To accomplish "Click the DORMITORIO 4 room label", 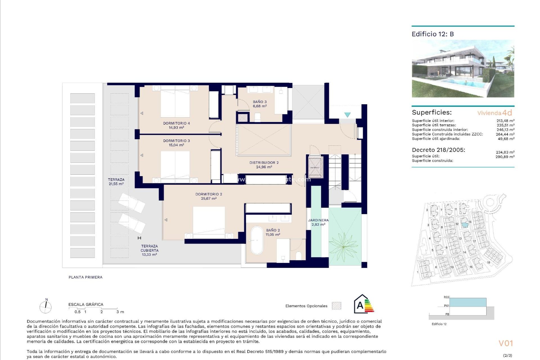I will [176, 125].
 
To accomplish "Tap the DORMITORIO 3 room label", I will [176, 143].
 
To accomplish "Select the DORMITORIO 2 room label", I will [209, 196].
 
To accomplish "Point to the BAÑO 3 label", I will [260, 104].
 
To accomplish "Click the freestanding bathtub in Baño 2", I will [257, 240].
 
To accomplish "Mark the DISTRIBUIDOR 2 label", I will [264, 165].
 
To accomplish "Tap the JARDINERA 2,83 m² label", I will [318, 222].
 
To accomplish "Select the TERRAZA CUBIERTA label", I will [149, 250].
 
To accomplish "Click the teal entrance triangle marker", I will [347, 115].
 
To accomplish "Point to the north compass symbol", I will [46, 307].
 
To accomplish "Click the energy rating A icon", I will [364, 304].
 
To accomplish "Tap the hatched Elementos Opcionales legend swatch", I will [336, 306].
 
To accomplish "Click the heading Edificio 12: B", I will [433, 34].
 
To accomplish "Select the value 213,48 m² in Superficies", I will [505, 121].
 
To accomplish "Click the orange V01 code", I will [506, 343].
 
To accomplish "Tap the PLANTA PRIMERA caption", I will [85, 277].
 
